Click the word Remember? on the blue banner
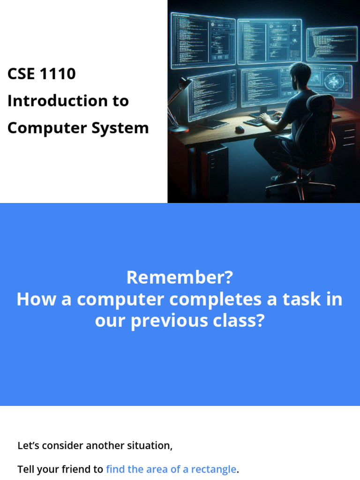tap(180, 278)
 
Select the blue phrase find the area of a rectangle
tap(171, 469)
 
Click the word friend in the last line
tap(86, 469)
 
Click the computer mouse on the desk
tap(240, 129)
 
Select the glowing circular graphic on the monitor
tap(335, 80)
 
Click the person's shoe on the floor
tap(281, 177)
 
